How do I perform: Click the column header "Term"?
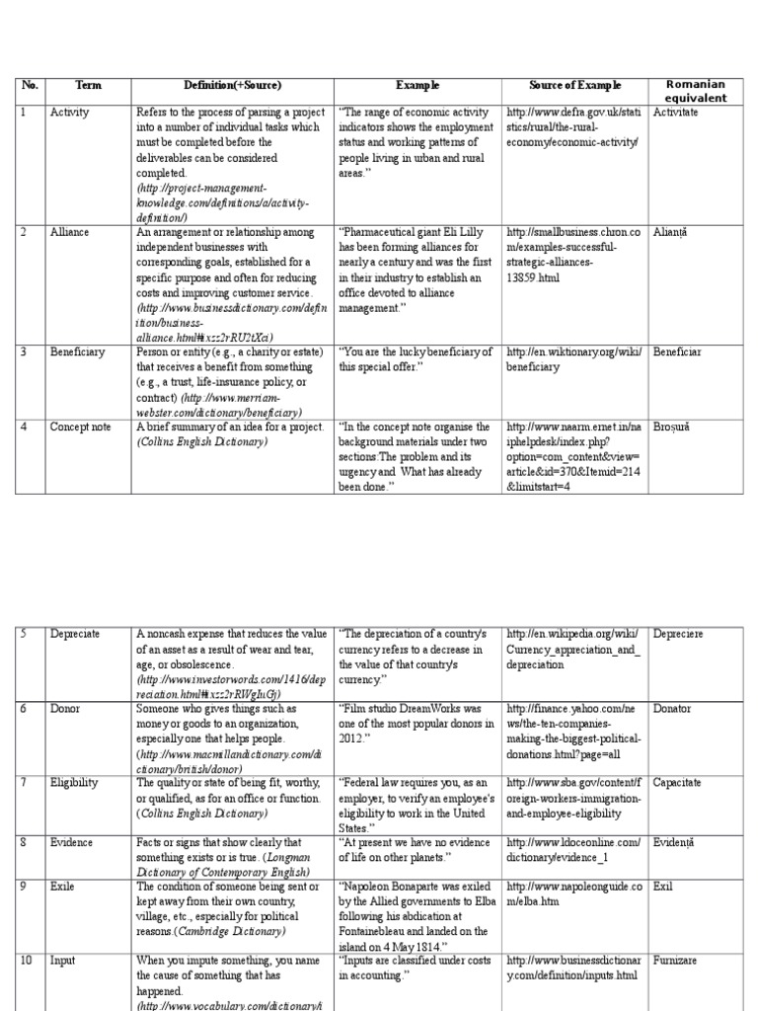point(89,87)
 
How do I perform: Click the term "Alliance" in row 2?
point(69,232)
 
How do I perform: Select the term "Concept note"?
point(79,427)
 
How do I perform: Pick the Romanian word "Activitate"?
point(675,113)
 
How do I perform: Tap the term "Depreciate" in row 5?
point(75,634)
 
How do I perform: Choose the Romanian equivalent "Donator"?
point(672,709)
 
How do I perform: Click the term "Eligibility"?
point(74,783)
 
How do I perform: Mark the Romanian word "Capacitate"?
point(677,783)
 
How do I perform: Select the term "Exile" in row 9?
point(62,887)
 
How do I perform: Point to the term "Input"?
point(63,961)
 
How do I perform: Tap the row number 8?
point(25,842)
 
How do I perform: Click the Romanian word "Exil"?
point(662,887)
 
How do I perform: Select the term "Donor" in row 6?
point(65,709)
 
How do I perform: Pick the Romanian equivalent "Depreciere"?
point(678,634)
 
